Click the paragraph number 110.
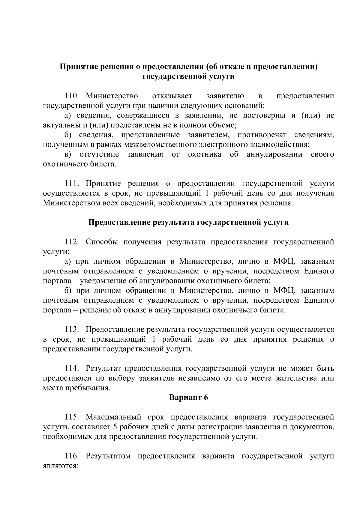pos(72,96)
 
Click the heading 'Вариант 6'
pos(188,398)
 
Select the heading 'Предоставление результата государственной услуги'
pos(188,222)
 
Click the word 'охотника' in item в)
pos(205,154)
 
